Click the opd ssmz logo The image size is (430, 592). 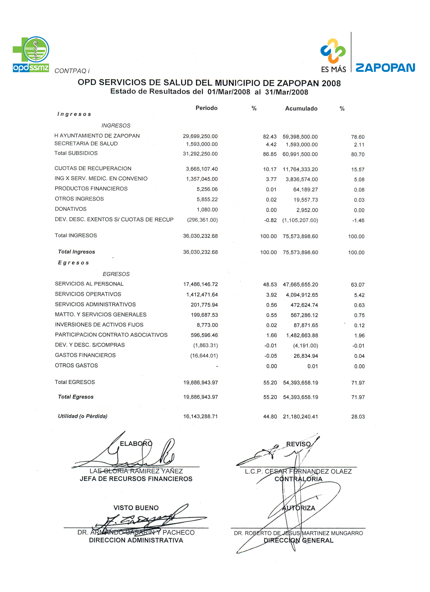31,54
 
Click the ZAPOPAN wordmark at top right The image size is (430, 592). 385,68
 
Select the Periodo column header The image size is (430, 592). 206,108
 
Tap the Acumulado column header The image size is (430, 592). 301,109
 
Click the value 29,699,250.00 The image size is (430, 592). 200,136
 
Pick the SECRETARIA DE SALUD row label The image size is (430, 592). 86,144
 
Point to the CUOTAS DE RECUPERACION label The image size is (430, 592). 93,169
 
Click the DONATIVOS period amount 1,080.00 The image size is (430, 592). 207,210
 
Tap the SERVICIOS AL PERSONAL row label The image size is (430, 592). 89,284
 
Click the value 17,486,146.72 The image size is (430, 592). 201,285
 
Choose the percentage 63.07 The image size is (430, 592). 357,285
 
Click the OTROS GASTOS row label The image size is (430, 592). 77,366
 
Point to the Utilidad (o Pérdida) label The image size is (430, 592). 83,416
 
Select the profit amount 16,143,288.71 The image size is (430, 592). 200,417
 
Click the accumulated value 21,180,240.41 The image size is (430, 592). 300,417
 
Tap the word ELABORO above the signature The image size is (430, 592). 136,444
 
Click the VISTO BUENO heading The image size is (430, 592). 136,508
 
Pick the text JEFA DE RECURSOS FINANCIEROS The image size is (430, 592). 136,479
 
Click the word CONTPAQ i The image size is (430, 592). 72,71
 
